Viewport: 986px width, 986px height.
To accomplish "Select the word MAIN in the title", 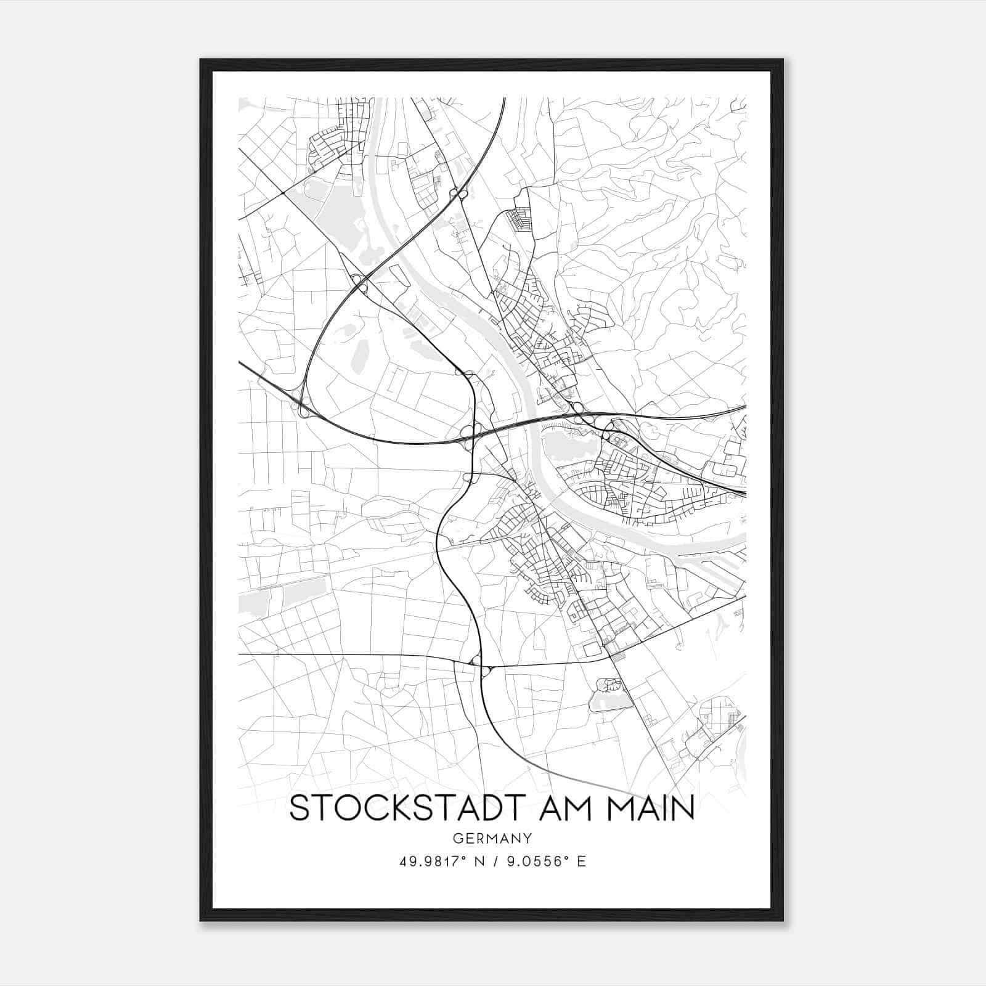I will coord(651,808).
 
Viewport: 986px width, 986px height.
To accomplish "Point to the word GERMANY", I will coord(492,837).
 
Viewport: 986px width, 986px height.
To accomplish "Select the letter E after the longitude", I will coord(581,861).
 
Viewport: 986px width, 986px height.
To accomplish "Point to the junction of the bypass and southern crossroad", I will coord(481,666).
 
